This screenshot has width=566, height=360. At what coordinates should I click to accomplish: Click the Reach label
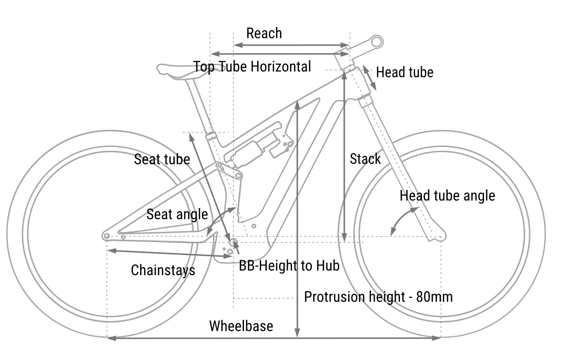(x=264, y=33)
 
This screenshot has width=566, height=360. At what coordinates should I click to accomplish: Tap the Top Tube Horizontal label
(x=252, y=67)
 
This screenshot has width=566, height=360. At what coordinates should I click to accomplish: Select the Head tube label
(x=404, y=72)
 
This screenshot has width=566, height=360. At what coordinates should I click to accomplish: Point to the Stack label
(x=365, y=159)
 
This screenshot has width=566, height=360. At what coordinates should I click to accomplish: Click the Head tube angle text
(x=447, y=196)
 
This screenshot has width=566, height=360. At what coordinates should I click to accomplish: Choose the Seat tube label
(x=162, y=159)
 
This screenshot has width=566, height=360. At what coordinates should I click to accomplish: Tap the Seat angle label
(x=177, y=214)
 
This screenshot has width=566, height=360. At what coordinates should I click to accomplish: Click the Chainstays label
(x=163, y=270)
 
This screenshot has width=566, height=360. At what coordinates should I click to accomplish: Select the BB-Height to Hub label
(x=289, y=266)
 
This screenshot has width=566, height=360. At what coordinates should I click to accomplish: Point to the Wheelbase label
(x=241, y=326)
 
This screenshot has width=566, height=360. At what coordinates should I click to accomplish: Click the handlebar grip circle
(x=376, y=42)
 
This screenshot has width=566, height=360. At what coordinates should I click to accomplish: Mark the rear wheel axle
(x=107, y=236)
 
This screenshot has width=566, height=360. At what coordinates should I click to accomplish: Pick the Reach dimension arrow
(x=292, y=45)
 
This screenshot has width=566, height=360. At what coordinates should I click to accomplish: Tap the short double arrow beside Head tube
(x=370, y=78)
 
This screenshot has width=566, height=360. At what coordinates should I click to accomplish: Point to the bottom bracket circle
(x=233, y=242)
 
